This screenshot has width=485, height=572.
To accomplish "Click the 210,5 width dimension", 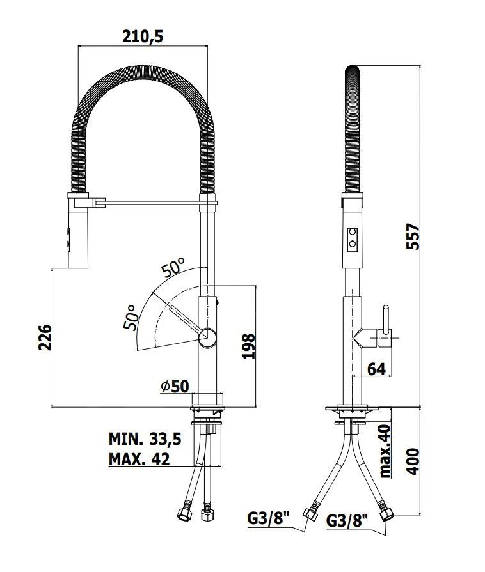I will (x=143, y=36).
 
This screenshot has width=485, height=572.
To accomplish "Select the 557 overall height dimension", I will (x=415, y=237).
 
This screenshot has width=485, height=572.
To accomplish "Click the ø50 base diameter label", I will (x=175, y=386).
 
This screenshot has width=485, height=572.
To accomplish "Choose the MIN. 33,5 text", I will (x=145, y=439).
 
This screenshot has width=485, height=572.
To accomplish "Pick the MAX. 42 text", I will (x=139, y=460).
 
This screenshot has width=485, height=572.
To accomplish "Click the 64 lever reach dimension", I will (x=377, y=369).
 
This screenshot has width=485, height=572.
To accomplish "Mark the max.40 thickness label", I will (x=385, y=451).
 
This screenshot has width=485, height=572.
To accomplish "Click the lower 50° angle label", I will (x=131, y=317).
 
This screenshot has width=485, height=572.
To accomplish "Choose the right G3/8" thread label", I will (x=349, y=521).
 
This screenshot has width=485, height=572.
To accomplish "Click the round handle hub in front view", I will (x=207, y=337).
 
